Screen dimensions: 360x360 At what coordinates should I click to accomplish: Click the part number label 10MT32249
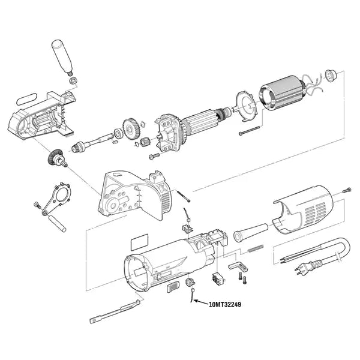pos(225,305)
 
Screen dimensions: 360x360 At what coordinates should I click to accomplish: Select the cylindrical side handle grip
pos(62,58)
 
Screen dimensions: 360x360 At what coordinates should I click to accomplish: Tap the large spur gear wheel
pos(130,128)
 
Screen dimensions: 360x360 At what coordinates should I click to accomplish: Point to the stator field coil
pos(282,93)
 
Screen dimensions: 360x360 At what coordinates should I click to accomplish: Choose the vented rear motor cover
pos(303,209)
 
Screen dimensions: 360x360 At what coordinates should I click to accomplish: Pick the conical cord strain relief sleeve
pos(251,232)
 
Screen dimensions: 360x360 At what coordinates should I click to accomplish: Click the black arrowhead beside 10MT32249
pos(196,301)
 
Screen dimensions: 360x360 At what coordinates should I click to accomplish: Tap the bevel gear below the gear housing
pos(56,158)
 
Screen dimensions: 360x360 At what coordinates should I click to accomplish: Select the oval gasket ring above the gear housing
pos(27,98)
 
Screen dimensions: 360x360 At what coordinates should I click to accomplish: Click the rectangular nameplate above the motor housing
pos(140,242)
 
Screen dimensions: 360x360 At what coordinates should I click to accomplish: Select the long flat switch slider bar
pos(115,311)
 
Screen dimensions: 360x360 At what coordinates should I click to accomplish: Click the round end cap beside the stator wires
pos(331,76)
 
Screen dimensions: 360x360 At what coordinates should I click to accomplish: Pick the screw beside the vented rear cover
pos(347,190)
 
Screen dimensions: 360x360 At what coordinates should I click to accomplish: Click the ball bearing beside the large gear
pos(119,134)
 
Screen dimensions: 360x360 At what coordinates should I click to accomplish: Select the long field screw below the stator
pos(249,130)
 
